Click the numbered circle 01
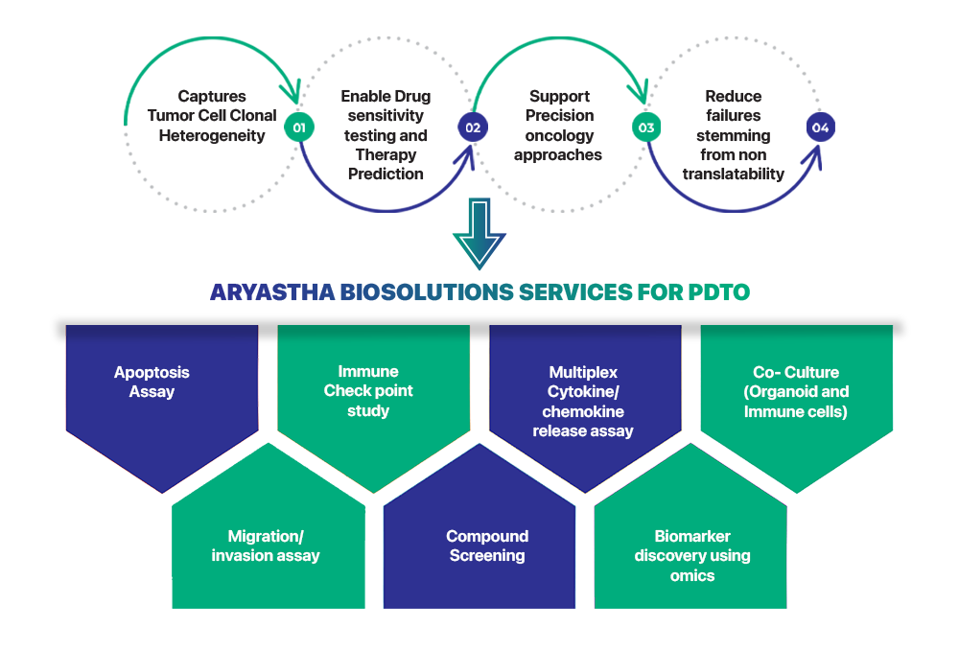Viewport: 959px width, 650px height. click(x=299, y=128)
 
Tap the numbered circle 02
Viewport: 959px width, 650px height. click(x=472, y=128)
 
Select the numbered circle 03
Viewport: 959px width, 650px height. click(x=646, y=128)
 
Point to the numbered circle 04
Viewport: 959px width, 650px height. click(x=820, y=128)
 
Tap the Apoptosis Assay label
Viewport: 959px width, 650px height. click(x=152, y=382)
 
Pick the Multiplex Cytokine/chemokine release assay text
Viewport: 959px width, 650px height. click(x=583, y=401)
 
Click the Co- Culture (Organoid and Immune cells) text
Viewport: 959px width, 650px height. click(x=796, y=391)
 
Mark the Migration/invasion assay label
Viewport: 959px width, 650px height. click(x=266, y=546)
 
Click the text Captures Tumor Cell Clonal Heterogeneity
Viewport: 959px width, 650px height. click(x=212, y=116)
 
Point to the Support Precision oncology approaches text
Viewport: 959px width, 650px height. click(x=558, y=126)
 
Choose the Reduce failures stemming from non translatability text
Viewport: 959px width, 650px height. click(x=733, y=135)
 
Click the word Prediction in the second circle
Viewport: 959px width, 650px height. click(x=386, y=174)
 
